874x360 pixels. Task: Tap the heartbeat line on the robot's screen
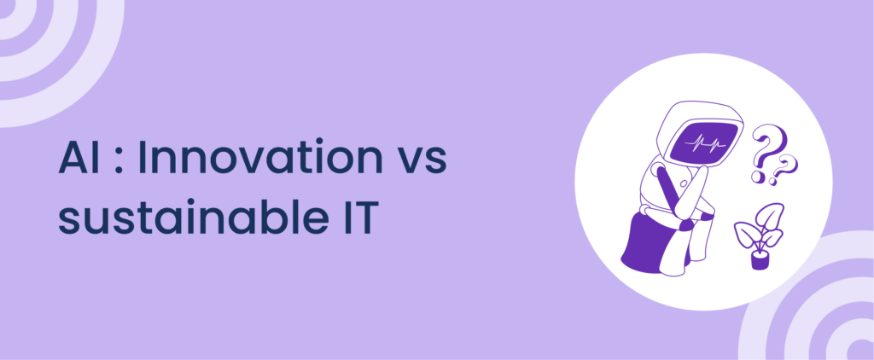tap(705, 142)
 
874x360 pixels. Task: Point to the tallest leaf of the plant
tap(771, 216)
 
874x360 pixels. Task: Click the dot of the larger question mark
tap(758, 177)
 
